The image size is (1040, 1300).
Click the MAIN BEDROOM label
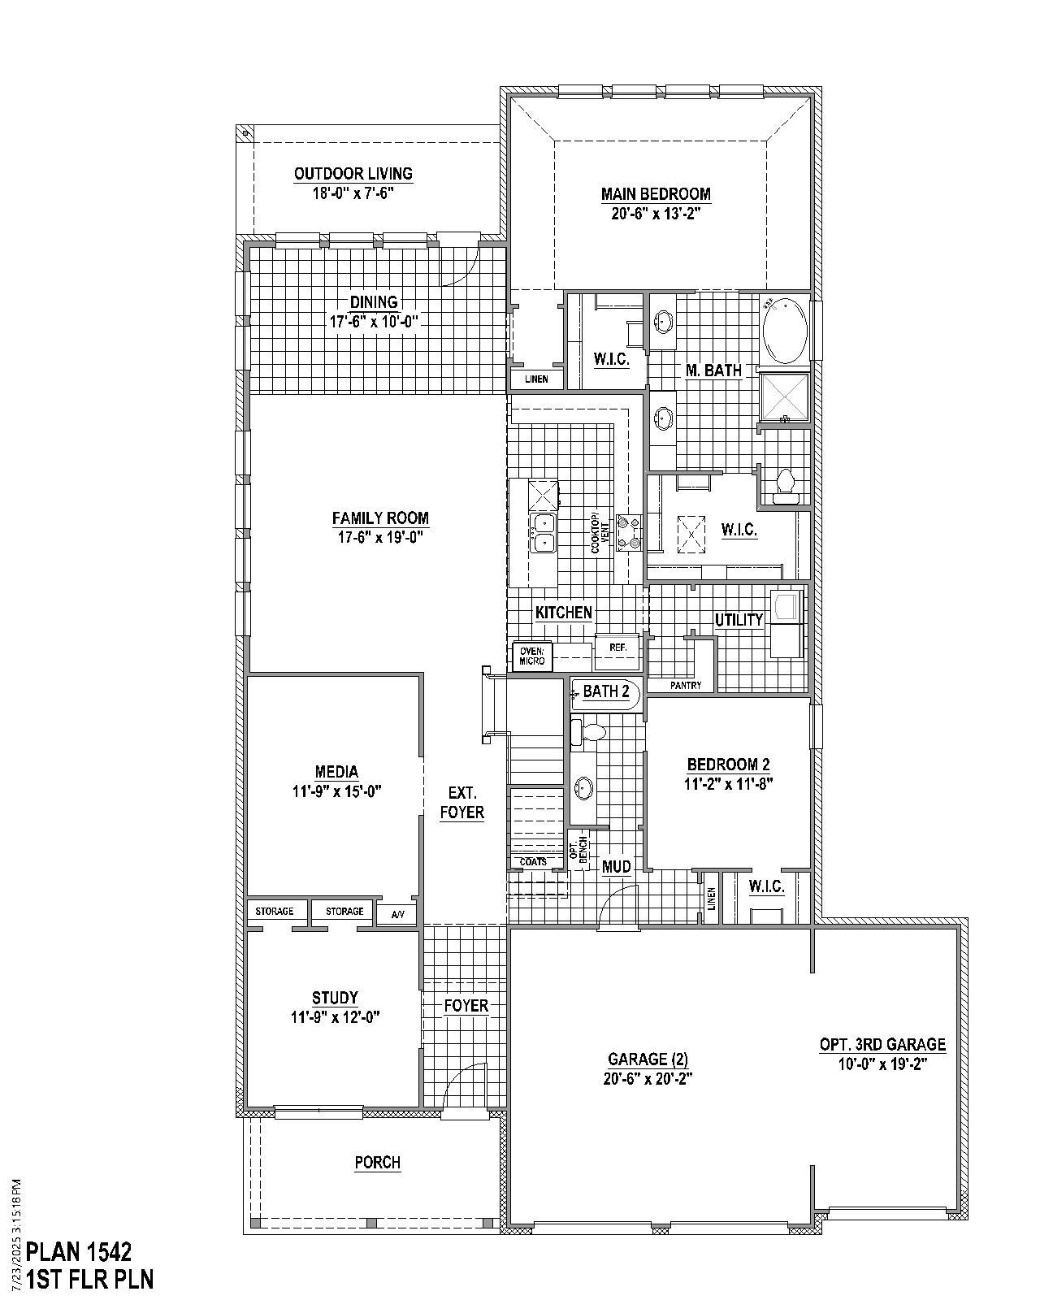click(656, 194)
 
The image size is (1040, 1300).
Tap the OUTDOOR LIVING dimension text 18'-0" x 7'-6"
click(353, 193)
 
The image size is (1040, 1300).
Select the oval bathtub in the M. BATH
click(784, 331)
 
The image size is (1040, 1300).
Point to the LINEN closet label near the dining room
click(535, 379)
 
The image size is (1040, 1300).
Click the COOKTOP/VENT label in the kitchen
click(596, 532)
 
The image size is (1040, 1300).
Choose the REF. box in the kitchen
click(617, 648)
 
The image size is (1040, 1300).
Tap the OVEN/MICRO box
click(532, 656)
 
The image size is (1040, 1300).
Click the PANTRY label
click(686, 686)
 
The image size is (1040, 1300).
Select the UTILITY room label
click(739, 620)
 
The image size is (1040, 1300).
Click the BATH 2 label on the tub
click(606, 692)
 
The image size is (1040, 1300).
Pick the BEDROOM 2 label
click(728, 765)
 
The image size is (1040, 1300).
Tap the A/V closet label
click(397, 915)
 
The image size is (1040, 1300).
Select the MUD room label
click(617, 867)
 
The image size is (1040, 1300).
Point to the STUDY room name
click(335, 998)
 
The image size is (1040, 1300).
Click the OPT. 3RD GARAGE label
click(882, 1045)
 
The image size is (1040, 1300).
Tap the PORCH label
click(377, 1163)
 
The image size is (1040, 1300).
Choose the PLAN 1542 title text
click(79, 1250)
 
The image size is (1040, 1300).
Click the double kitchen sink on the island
click(542, 533)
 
